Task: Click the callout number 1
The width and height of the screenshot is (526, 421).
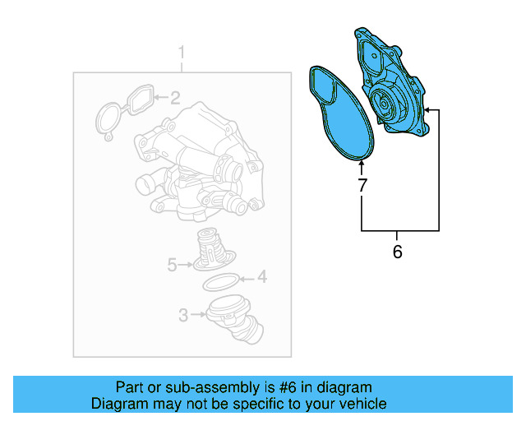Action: click(182, 55)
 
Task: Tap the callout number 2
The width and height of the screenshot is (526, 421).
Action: click(175, 99)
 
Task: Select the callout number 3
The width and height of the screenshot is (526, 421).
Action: click(183, 314)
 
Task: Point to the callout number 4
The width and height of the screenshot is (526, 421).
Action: click(261, 277)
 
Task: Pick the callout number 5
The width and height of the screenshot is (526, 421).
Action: click(173, 264)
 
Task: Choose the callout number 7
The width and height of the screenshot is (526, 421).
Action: click(362, 186)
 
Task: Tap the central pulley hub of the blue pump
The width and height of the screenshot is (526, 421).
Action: click(381, 104)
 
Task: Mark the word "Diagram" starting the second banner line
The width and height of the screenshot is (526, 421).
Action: click(117, 404)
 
